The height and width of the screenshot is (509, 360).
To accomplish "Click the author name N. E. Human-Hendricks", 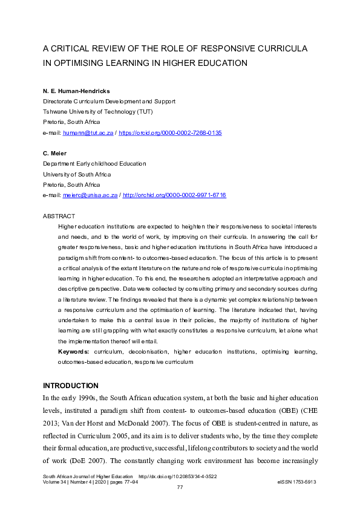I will (x=76, y=91).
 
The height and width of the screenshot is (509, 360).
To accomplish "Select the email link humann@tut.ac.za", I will (x=87, y=132).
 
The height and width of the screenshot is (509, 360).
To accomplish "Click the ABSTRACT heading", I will (x=59, y=216).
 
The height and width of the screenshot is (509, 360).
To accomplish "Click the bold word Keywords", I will (x=73, y=351).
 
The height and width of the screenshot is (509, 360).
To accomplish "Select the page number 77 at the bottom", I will (x=180, y=487).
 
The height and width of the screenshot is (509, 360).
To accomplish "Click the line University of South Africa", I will (x=79, y=174).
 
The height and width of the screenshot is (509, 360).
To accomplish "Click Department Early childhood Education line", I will (x=94, y=164).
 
